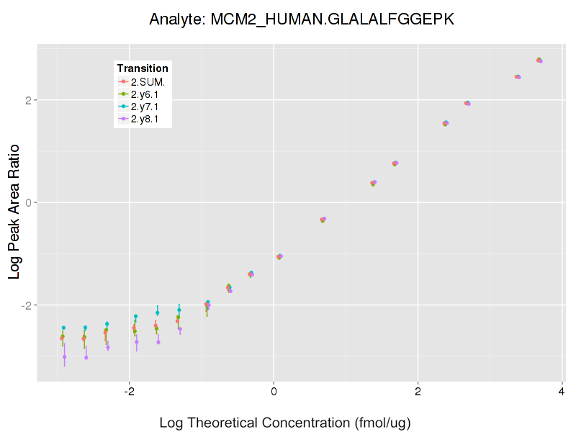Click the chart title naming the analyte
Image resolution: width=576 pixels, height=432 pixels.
[302, 19]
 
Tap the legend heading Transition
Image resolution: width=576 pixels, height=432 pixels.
[143, 68]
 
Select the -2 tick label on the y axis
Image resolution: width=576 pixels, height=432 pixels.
[25, 305]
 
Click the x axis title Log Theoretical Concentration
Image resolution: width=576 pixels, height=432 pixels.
[284, 422]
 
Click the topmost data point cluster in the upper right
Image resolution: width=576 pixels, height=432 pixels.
[539, 60]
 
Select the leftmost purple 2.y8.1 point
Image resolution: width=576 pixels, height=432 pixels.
[64, 357]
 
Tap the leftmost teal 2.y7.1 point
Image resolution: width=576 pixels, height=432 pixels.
[63, 328]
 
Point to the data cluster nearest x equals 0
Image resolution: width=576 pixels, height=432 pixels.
[279, 256]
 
